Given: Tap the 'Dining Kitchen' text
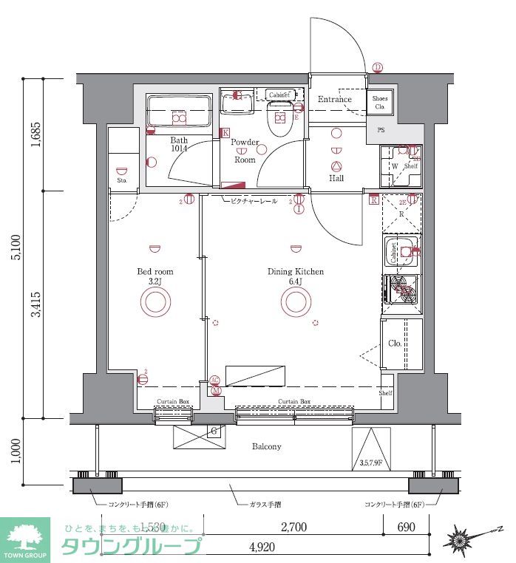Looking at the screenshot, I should (295, 272).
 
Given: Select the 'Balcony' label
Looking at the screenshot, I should (266, 446).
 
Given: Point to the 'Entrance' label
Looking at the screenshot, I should (335, 100).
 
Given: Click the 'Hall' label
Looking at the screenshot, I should (336, 177).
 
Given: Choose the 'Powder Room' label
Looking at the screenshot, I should (245, 151).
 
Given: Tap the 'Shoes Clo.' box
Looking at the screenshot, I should (380, 103).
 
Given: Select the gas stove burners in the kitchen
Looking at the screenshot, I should (401, 288).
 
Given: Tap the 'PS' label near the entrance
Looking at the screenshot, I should (381, 131).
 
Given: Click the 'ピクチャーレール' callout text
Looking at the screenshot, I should (254, 201).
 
